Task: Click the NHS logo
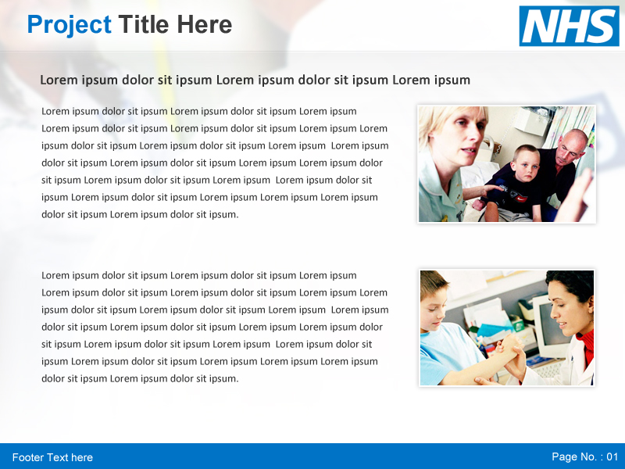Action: click(x=569, y=26)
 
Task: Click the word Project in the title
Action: click(x=69, y=25)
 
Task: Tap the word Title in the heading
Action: click(x=144, y=25)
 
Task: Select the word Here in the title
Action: click(x=204, y=25)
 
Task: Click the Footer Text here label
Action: click(x=52, y=457)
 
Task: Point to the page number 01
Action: click(x=612, y=456)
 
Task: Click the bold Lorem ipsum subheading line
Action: click(x=255, y=80)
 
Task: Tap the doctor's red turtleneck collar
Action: click(x=587, y=341)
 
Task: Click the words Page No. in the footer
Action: click(x=574, y=456)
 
